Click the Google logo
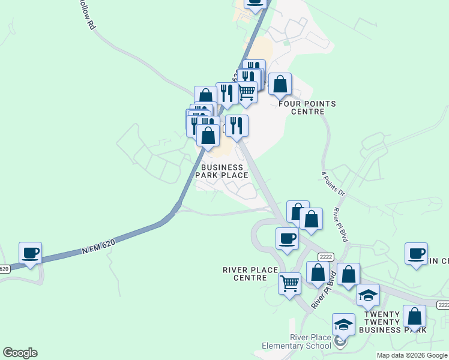pos(20,353)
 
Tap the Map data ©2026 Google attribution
pos(412,355)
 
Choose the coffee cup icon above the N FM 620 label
pos(30,253)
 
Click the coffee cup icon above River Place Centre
pos(287,238)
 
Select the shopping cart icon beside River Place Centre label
pos(290,281)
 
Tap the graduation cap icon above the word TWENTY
pos(368,295)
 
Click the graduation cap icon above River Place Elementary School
pos(344,324)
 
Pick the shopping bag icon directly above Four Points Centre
pos(280,84)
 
